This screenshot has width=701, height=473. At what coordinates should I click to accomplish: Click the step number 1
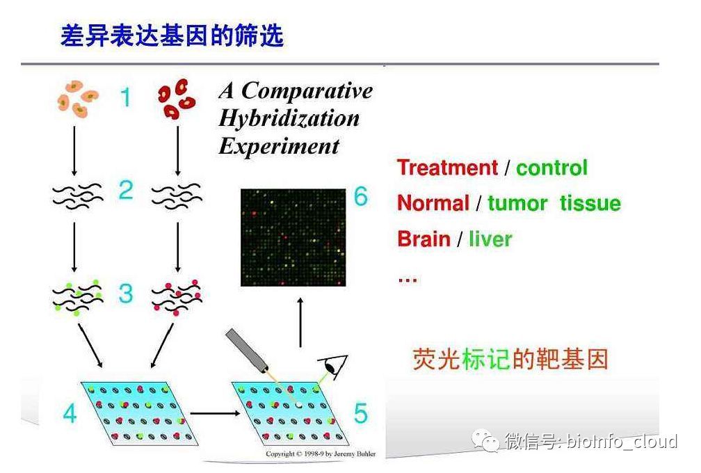(126, 97)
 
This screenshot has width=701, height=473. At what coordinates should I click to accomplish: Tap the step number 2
(126, 190)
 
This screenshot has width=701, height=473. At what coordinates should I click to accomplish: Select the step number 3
(126, 294)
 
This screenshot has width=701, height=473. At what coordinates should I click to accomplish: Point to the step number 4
(70, 413)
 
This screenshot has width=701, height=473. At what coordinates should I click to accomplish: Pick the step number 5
(361, 413)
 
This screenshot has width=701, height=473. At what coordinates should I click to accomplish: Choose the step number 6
(361, 196)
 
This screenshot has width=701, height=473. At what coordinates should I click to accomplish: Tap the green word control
(551, 168)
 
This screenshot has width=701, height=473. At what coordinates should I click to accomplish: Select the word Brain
(424, 239)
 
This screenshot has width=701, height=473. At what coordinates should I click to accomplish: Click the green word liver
(490, 239)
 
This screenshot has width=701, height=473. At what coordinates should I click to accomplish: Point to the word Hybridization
(289, 118)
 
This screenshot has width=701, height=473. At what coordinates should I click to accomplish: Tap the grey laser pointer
(246, 351)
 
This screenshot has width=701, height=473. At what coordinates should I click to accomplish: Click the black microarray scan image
(293, 237)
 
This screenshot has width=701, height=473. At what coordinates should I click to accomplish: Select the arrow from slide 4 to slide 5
(216, 413)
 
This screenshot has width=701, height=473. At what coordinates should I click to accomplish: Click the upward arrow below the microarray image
(300, 322)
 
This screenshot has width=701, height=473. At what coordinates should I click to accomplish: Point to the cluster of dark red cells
(176, 99)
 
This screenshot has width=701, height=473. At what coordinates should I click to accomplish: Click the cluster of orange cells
(77, 99)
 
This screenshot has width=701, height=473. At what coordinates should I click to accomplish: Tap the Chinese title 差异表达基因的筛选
(172, 35)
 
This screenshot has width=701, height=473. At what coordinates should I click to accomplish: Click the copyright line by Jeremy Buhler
(321, 454)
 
